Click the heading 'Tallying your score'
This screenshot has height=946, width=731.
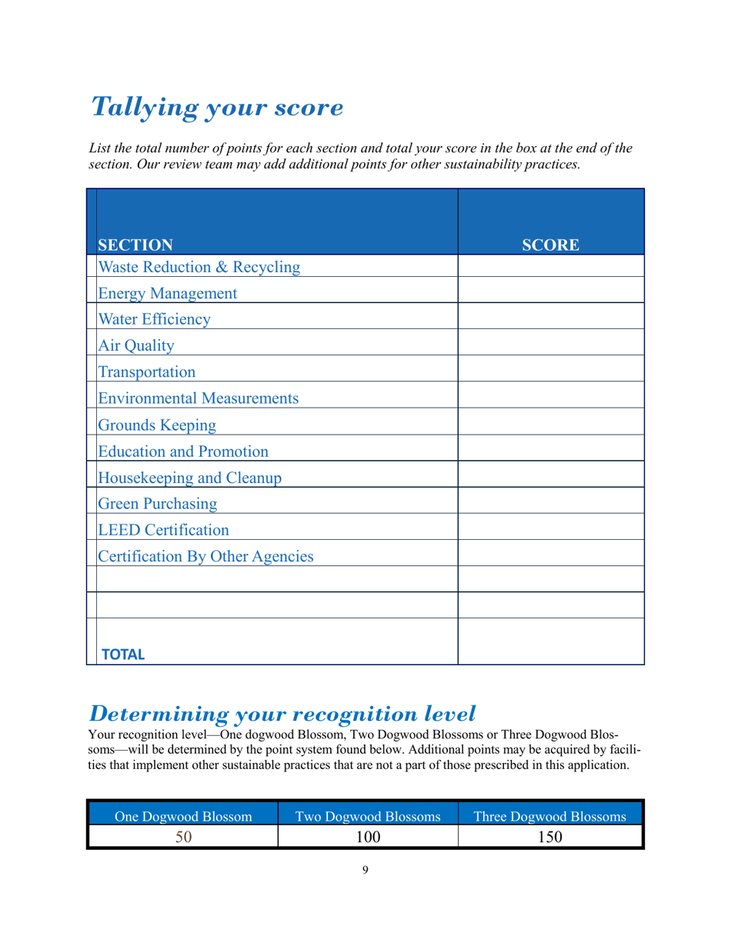[217, 108]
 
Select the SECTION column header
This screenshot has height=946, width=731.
[135, 245]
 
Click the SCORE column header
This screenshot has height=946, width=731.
[550, 245]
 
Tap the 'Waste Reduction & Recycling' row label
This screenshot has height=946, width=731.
[199, 268]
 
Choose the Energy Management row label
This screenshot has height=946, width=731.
[167, 294]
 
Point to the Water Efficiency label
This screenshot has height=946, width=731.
[154, 320]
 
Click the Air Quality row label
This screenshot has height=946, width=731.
[136, 346]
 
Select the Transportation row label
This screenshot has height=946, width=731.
[146, 372]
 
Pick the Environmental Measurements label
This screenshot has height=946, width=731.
[198, 398]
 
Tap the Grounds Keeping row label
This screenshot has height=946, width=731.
[157, 425]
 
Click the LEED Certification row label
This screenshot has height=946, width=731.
[163, 530]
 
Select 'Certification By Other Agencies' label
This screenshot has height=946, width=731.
[205, 556]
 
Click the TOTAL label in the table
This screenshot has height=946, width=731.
[123, 655]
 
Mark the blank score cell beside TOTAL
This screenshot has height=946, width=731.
[550, 641]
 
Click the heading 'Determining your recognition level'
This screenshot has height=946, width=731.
[282, 714]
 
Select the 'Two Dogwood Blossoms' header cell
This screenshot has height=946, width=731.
[367, 817]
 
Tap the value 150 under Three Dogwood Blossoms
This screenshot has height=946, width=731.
[550, 837]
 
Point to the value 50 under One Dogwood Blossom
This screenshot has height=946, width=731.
[182, 837]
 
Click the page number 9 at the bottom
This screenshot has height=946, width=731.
[365, 870]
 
